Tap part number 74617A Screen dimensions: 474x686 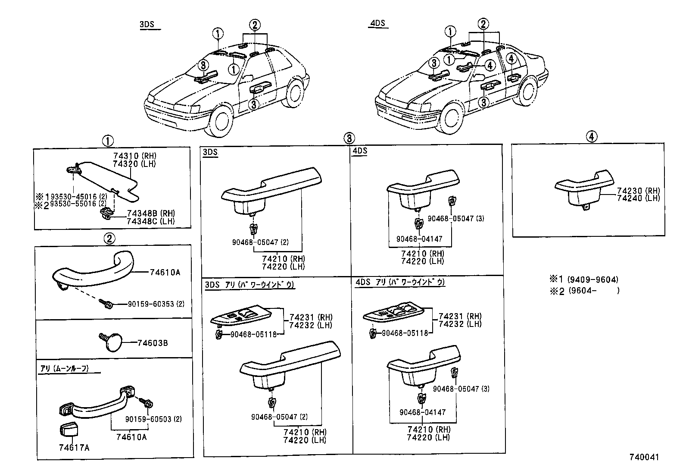point(74,447)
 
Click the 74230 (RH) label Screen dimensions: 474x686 point(639,191)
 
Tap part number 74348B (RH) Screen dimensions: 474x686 point(151,213)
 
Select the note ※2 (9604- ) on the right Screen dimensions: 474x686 point(584,291)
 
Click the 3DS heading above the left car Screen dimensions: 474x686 point(147,25)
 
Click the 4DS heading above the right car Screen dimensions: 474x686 point(377,24)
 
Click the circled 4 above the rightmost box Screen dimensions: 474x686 point(591,137)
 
